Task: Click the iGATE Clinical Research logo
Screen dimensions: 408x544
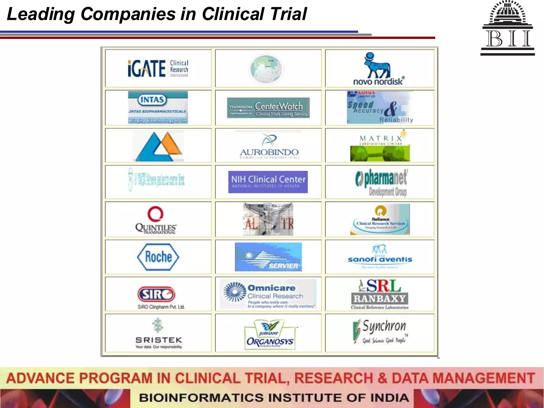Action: (158, 69)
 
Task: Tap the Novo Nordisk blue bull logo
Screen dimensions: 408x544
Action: (378, 69)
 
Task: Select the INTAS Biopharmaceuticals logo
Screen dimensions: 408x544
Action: (158, 107)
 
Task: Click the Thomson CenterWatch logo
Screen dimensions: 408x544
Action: (268, 108)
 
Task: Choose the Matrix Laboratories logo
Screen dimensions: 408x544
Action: (380, 146)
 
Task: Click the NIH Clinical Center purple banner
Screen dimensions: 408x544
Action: (268, 182)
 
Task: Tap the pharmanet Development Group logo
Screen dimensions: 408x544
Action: (381, 182)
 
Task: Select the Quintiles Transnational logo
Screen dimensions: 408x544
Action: (156, 220)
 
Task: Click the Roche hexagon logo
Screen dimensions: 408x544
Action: (158, 257)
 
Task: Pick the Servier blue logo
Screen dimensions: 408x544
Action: (268, 257)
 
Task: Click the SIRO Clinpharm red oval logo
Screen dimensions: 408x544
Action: (157, 294)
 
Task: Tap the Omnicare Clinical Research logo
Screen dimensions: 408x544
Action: (268, 294)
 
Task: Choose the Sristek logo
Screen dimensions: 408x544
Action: (159, 334)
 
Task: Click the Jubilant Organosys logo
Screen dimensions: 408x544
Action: (270, 335)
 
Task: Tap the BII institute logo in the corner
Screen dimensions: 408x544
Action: (508, 28)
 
